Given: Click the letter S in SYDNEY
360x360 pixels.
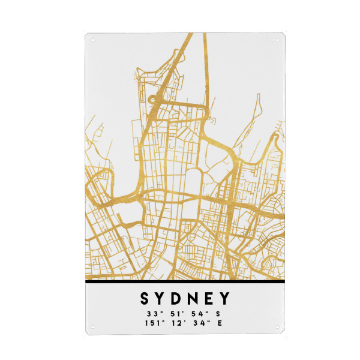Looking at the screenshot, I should (145, 298).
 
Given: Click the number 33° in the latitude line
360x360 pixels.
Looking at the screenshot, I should (150, 313).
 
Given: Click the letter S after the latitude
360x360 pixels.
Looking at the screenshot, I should (217, 313).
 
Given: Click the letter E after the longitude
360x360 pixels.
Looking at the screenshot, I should (220, 323).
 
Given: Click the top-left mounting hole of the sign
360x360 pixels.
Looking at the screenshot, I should (92, 41).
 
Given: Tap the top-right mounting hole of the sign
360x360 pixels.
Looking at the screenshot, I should (277, 41).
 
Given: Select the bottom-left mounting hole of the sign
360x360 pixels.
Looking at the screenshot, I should (92, 328).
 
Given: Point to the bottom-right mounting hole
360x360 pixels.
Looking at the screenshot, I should (277, 328).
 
